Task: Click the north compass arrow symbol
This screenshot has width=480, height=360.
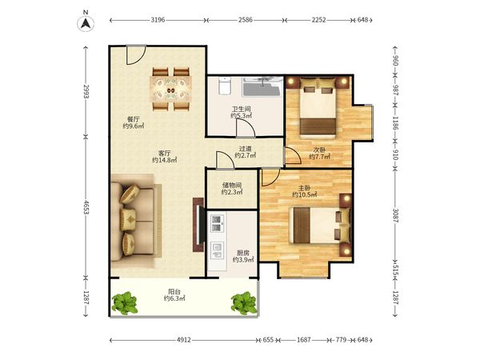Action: [x=86, y=24]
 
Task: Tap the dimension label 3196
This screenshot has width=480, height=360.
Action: [x=158, y=20]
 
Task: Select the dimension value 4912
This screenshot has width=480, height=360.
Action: [x=184, y=340]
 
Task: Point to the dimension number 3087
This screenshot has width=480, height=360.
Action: [x=395, y=215]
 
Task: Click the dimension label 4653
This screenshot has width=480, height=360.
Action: [x=86, y=207]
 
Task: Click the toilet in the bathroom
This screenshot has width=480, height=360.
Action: [x=225, y=86]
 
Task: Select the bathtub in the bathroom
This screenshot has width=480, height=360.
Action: [x=262, y=86]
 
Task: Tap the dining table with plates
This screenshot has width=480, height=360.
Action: [x=171, y=90]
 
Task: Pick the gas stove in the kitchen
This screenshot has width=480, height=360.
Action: [x=217, y=223]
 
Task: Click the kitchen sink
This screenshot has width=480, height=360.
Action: [x=217, y=250]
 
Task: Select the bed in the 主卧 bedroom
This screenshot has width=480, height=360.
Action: [x=320, y=226]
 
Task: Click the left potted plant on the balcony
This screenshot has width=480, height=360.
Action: [x=125, y=303]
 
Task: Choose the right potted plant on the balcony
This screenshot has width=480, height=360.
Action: [x=244, y=303]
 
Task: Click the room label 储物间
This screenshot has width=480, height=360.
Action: [x=232, y=186]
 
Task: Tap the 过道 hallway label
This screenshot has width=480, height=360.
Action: [x=246, y=149]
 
